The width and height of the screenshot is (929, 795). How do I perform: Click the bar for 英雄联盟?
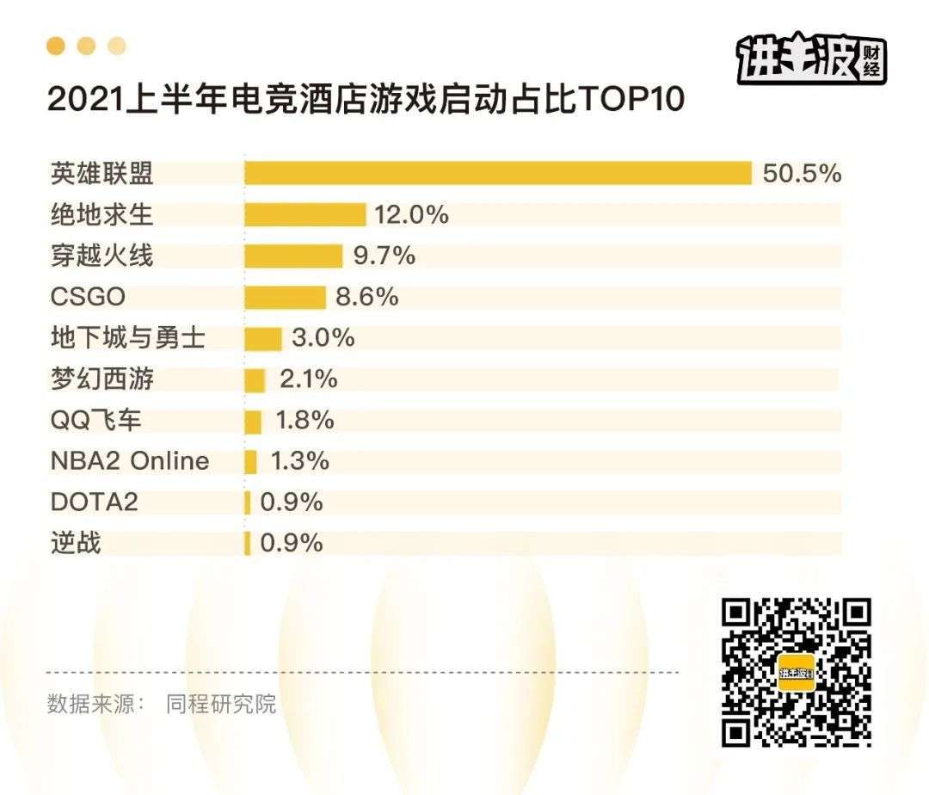point(498,173)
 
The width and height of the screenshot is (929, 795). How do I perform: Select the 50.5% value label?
point(801,173)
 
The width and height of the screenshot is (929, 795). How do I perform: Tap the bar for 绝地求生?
point(305,214)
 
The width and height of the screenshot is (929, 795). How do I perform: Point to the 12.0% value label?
point(411,214)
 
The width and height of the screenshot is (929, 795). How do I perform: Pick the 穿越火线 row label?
point(102,256)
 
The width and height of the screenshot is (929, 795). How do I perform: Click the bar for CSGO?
point(285,297)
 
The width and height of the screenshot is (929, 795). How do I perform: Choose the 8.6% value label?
point(367,297)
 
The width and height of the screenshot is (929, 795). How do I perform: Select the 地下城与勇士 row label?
point(127,338)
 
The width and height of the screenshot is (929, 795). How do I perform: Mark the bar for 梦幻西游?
point(255,379)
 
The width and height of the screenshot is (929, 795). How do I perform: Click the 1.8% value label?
point(305,421)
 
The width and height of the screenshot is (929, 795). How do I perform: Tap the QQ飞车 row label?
point(96,421)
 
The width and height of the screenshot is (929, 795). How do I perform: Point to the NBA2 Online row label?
point(130,461)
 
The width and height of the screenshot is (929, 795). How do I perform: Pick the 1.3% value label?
point(299,461)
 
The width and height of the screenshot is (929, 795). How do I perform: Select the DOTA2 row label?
point(94,502)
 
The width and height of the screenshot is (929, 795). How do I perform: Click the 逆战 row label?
point(76,543)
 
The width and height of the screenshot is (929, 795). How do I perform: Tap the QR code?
point(796,672)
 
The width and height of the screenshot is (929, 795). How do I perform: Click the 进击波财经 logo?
point(811,60)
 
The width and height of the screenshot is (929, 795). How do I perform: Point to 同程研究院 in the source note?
point(221,704)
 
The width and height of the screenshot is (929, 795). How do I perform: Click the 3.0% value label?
point(323,338)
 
